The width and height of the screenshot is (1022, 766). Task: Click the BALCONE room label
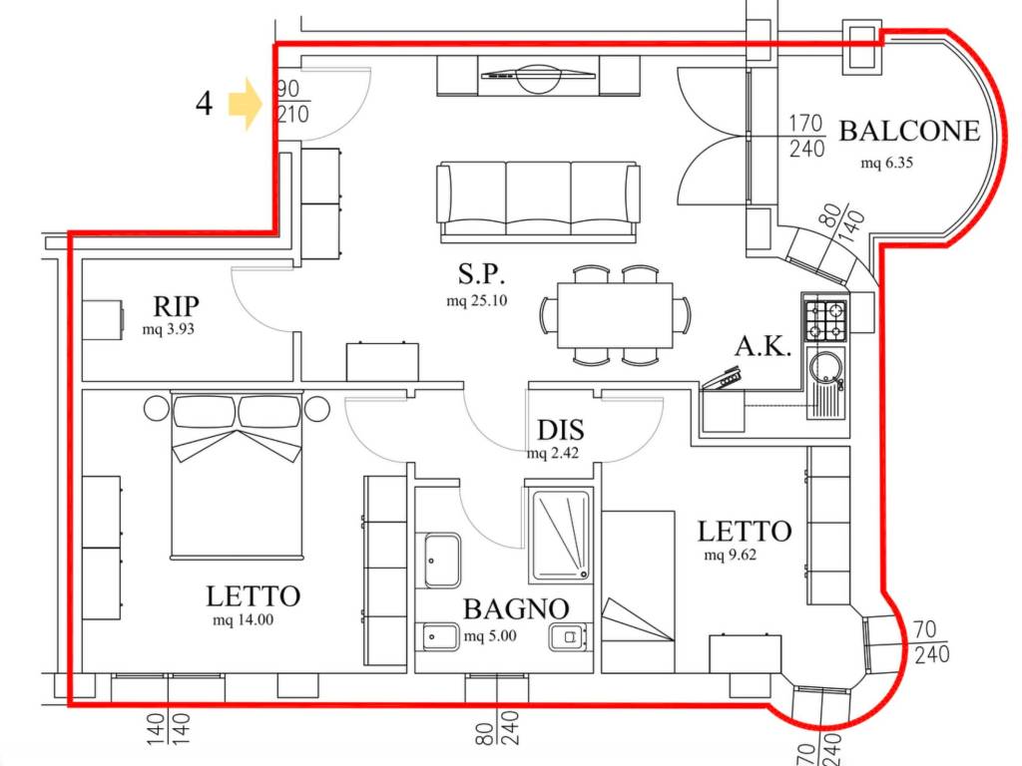[909, 131]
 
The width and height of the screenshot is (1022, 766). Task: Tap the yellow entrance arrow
[246, 104]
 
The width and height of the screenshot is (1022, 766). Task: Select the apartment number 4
[204, 104]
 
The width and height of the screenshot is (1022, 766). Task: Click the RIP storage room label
[176, 305]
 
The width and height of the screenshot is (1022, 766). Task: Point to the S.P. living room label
[482, 273]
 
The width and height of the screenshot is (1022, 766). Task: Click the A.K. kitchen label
[763, 346]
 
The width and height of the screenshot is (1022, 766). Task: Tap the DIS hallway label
[561, 431]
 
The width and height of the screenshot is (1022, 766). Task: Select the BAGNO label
[516, 609]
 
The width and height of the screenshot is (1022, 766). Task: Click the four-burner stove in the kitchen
[825, 320]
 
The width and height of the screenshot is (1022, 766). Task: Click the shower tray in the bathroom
[561, 535]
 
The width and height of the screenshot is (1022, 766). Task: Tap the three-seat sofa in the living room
[538, 201]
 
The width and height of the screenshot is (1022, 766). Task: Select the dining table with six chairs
[615, 315]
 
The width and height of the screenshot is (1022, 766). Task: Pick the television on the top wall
[538, 76]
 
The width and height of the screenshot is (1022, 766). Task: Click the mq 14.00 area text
[244, 620]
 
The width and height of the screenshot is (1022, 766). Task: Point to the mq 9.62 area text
[730, 556]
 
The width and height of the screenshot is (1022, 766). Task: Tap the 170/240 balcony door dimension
[806, 136]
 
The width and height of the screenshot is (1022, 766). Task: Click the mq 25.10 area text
[476, 301]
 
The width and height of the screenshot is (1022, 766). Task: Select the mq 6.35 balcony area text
[886, 163]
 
